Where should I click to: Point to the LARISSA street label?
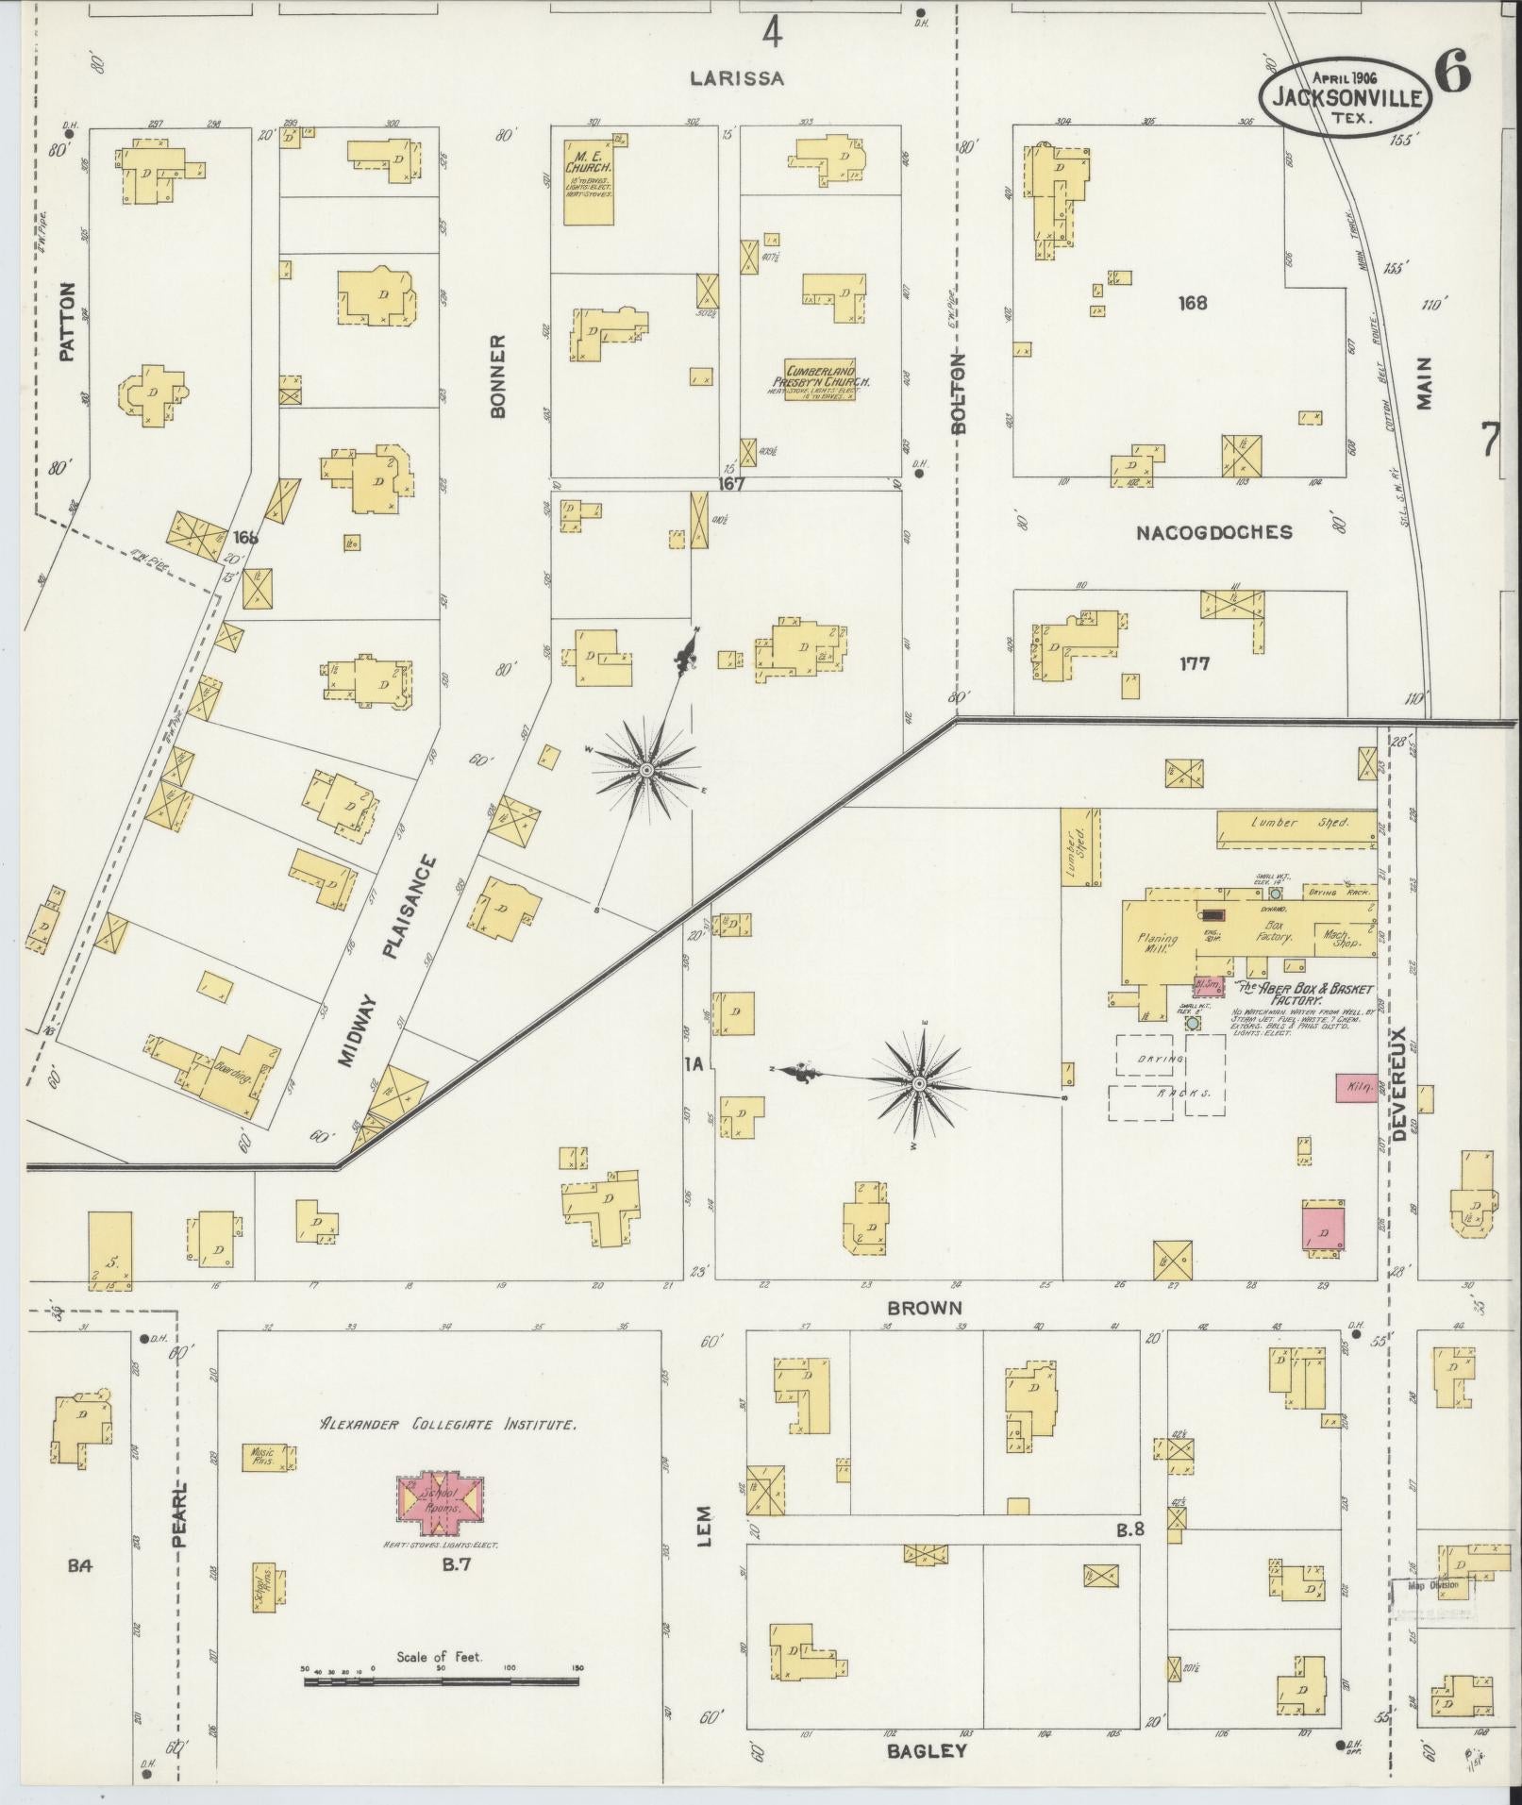pos(736,78)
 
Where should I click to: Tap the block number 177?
pos(1194,663)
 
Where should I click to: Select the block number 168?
pos(1193,303)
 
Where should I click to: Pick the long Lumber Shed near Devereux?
pos(1296,827)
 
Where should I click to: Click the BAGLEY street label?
pos(927,1751)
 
